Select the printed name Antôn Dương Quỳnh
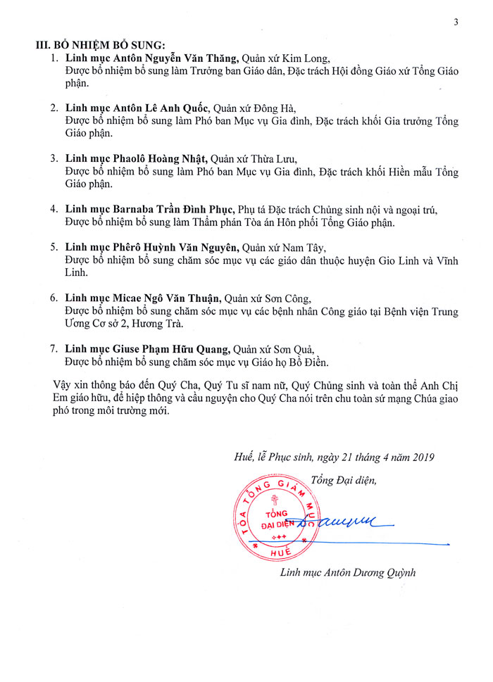click(369, 572)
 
